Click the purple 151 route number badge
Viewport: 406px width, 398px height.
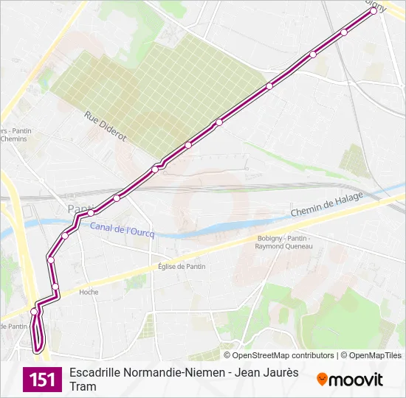42,380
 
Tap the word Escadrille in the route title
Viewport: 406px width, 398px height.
95,373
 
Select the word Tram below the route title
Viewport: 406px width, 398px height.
83,387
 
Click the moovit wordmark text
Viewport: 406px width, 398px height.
356,380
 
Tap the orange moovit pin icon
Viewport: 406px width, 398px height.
322,380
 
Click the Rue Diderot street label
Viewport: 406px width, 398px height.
106,126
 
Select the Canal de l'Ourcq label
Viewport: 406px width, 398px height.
123,230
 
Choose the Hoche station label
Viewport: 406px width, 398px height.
89,292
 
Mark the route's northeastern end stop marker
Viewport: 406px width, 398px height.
374,11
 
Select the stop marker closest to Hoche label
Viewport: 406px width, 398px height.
55,287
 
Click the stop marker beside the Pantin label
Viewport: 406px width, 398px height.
91,212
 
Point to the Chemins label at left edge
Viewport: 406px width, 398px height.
13,139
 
